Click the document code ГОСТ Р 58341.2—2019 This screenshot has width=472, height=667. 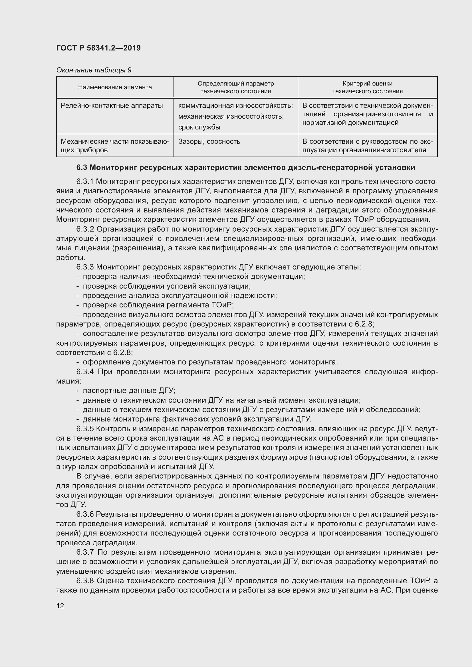[x=98, y=48]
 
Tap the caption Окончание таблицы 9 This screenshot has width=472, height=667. [x=94, y=70]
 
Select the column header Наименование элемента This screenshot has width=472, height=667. [x=115, y=87]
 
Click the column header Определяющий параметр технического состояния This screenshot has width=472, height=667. [x=235, y=87]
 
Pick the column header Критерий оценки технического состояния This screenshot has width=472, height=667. [x=367, y=87]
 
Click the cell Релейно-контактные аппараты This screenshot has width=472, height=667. [x=112, y=106]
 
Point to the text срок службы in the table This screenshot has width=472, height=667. [x=199, y=127]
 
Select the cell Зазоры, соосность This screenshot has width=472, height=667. [x=209, y=141]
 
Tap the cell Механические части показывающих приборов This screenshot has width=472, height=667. [x=115, y=145]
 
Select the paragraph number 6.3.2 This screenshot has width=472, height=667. [x=85, y=229]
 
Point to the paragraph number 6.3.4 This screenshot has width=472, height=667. [x=85, y=372]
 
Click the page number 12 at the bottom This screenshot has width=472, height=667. [x=60, y=606]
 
